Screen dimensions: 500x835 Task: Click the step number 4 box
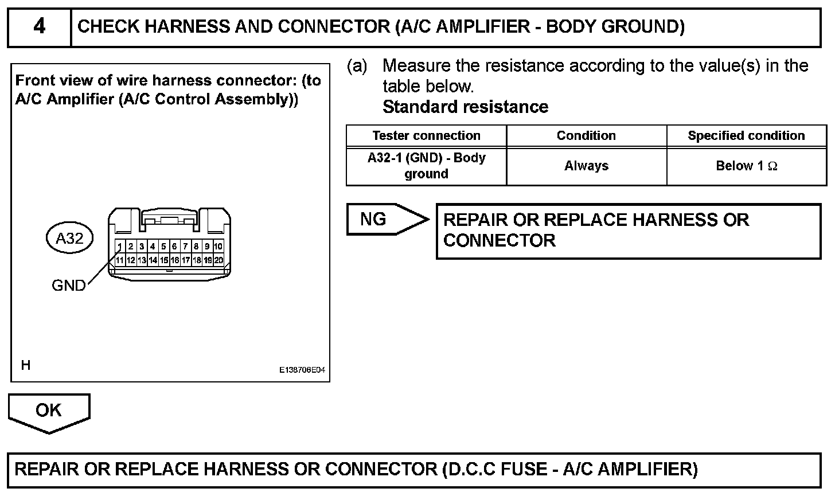39,27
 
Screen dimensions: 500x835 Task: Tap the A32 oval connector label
69,238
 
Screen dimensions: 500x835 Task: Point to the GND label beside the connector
68,285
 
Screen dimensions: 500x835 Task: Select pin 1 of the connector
120,247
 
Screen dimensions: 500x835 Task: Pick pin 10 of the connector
218,247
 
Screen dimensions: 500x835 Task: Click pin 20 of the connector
218,260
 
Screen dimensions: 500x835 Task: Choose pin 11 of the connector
120,260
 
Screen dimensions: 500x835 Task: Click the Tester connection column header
426,136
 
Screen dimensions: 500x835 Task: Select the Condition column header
586,136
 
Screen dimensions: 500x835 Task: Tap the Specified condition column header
746,136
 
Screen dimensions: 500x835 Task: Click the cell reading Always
586,166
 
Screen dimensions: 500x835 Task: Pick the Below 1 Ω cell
746,166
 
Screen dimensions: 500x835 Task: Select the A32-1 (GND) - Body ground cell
426,166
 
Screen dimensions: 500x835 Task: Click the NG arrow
384,219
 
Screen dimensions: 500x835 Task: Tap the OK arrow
49,411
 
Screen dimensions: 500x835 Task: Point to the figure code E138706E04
302,370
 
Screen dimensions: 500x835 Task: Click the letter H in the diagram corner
26,365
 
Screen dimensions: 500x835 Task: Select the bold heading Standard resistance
465,107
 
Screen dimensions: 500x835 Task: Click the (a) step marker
357,67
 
